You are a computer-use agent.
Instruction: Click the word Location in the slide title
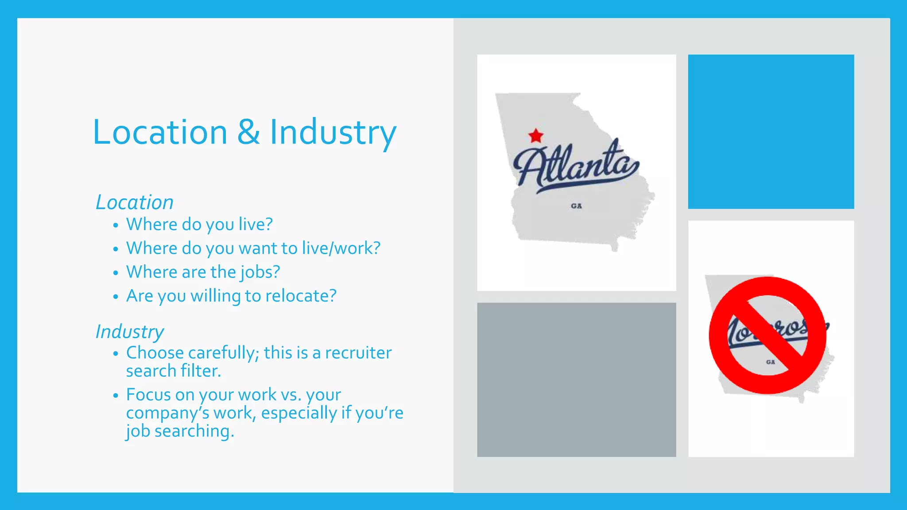pos(160,132)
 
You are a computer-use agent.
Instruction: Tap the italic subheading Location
pos(135,202)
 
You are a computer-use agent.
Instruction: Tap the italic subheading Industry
pos(130,332)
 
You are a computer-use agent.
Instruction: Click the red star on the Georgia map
pos(536,135)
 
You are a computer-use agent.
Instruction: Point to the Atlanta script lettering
pos(576,166)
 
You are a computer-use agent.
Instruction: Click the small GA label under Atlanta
pos(576,206)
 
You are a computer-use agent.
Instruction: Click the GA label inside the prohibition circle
pos(771,362)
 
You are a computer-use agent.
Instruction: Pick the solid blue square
pos(771,131)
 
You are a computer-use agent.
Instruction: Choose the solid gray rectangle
pos(576,379)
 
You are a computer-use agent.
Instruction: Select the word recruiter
pos(358,353)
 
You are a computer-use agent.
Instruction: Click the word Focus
pos(149,394)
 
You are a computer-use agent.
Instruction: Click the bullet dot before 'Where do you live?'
pos(116,225)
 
